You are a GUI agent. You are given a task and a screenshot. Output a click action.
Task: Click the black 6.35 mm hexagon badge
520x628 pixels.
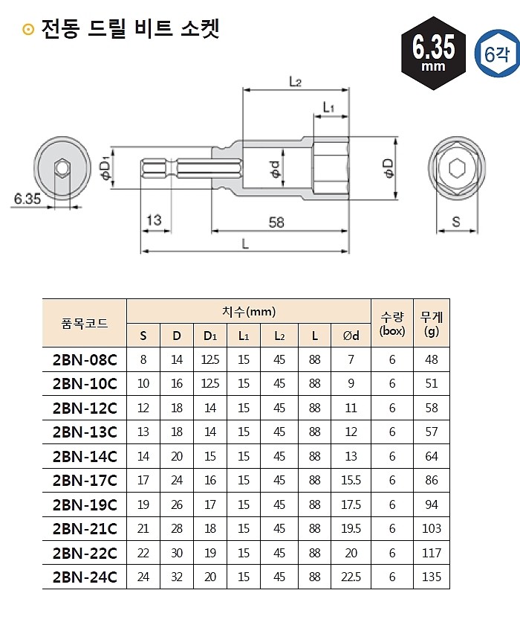tap(433, 53)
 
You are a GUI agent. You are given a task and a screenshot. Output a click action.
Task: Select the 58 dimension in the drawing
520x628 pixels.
tap(276, 221)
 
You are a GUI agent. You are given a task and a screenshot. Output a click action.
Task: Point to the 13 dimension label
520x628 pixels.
tap(154, 221)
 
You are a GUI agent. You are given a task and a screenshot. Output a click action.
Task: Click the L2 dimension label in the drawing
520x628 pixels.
tap(294, 83)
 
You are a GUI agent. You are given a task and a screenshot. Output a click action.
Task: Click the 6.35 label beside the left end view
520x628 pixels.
tap(27, 198)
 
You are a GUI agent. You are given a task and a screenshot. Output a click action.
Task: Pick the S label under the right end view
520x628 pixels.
tap(455, 221)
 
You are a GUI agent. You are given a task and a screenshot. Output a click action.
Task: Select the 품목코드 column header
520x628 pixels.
tap(85, 323)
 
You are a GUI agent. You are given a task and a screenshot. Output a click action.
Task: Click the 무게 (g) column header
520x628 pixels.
tap(432, 323)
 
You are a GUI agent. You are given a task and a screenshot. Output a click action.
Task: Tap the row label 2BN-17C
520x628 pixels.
tap(85, 481)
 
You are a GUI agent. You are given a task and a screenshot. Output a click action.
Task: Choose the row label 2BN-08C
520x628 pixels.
tap(85, 360)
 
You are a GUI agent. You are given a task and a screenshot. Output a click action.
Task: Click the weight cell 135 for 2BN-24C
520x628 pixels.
tap(432, 577)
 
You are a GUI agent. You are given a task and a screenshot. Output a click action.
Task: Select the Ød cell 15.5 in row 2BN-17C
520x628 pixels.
tap(351, 481)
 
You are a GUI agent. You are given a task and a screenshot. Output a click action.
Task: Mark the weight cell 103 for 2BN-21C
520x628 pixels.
tap(432, 528)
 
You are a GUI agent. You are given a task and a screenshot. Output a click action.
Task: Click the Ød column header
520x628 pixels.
tap(351, 336)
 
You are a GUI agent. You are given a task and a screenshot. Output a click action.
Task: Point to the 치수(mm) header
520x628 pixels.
tap(248, 310)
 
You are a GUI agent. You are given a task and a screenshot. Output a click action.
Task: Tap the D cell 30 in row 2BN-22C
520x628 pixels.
tap(177, 553)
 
